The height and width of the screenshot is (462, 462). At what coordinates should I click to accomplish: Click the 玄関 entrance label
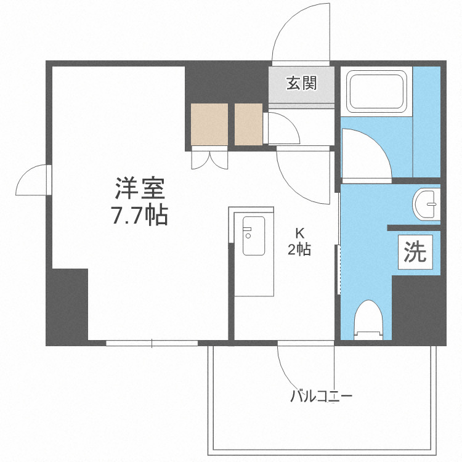(x=301, y=84)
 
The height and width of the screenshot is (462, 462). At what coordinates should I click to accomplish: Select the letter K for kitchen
(x=300, y=233)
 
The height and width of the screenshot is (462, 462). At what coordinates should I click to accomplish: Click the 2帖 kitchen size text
(x=299, y=249)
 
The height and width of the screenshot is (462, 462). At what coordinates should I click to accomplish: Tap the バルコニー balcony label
(x=321, y=396)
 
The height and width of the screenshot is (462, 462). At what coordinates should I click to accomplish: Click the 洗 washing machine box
(x=415, y=252)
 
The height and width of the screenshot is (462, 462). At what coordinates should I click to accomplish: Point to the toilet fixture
(x=369, y=318)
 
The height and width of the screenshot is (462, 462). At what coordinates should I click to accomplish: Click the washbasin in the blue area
(x=426, y=204)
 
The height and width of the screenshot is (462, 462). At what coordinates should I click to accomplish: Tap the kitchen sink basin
(x=253, y=235)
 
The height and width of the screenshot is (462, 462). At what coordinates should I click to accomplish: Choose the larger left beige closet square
(x=209, y=124)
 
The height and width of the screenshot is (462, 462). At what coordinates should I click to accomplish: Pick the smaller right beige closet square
(x=249, y=124)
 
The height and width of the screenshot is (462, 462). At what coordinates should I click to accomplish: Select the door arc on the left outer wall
(x=32, y=180)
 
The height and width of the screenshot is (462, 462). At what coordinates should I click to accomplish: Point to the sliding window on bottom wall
(x=152, y=342)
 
